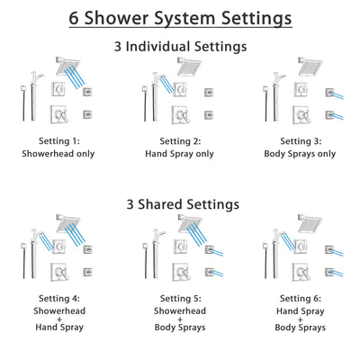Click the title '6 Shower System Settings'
pyautogui.click(x=180, y=17)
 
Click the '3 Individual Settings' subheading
pyautogui.click(x=180, y=46)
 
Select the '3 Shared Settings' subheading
pyautogui.click(x=180, y=204)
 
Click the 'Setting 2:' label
pyautogui.click(x=180, y=141)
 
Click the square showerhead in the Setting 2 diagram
pyautogui.click(x=190, y=67)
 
